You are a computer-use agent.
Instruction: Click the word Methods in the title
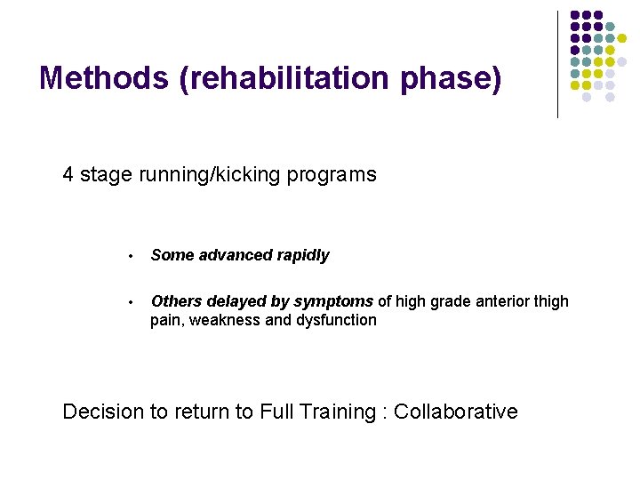tap(105, 78)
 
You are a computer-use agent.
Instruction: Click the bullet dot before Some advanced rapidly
tap(130, 257)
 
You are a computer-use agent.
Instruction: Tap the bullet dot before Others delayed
tap(130, 303)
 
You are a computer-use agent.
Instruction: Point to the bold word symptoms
tap(334, 301)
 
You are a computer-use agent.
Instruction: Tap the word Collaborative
tap(455, 412)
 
